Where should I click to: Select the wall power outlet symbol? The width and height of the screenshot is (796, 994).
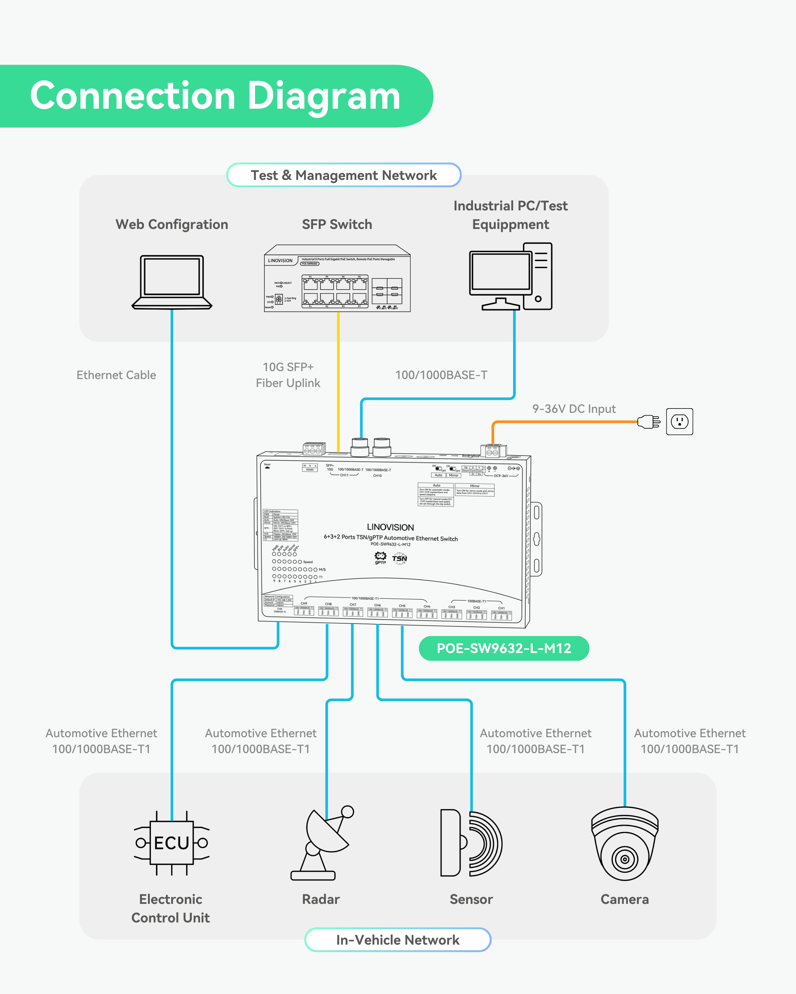(x=679, y=421)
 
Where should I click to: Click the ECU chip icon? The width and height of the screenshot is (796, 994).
(x=172, y=843)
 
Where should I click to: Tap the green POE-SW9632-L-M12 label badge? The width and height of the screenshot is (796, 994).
(x=503, y=648)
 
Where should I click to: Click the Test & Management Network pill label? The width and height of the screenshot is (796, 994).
(x=344, y=175)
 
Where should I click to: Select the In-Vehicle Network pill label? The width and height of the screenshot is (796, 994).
(x=397, y=940)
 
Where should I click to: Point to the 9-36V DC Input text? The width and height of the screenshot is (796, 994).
(x=573, y=409)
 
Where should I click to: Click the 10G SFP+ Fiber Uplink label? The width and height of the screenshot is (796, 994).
(x=288, y=375)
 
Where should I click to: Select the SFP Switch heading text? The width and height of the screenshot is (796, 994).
(x=337, y=225)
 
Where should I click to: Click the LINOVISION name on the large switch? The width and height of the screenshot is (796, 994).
(x=390, y=527)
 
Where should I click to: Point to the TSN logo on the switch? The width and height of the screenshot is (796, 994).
(x=400, y=559)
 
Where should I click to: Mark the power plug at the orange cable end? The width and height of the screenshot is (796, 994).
(x=648, y=421)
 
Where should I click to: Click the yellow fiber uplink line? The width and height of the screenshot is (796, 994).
(x=338, y=378)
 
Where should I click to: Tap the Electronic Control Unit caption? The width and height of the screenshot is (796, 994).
(x=171, y=908)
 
